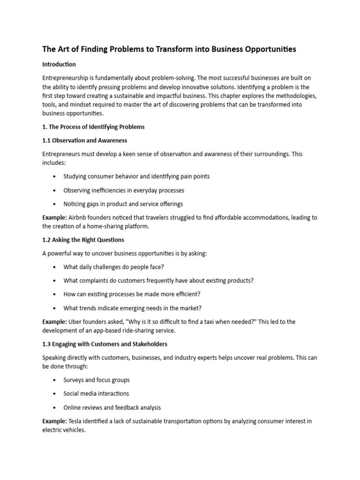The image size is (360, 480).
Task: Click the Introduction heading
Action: (x=59, y=64)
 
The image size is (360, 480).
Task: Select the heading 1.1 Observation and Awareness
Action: (x=85, y=140)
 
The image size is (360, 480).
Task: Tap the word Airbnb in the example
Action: (x=79, y=217)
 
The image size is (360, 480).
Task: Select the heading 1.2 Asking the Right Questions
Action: (x=83, y=240)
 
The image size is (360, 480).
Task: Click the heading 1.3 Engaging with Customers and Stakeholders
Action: (x=105, y=344)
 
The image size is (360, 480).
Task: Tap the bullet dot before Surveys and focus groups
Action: (x=55, y=380)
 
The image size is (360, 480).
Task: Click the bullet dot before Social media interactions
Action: (x=55, y=394)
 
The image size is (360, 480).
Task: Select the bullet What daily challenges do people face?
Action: (x=113, y=267)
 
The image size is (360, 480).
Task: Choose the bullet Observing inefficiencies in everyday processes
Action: (x=124, y=190)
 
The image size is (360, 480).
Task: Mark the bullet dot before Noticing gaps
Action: (x=55, y=204)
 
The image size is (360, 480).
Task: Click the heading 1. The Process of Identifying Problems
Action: (x=93, y=127)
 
